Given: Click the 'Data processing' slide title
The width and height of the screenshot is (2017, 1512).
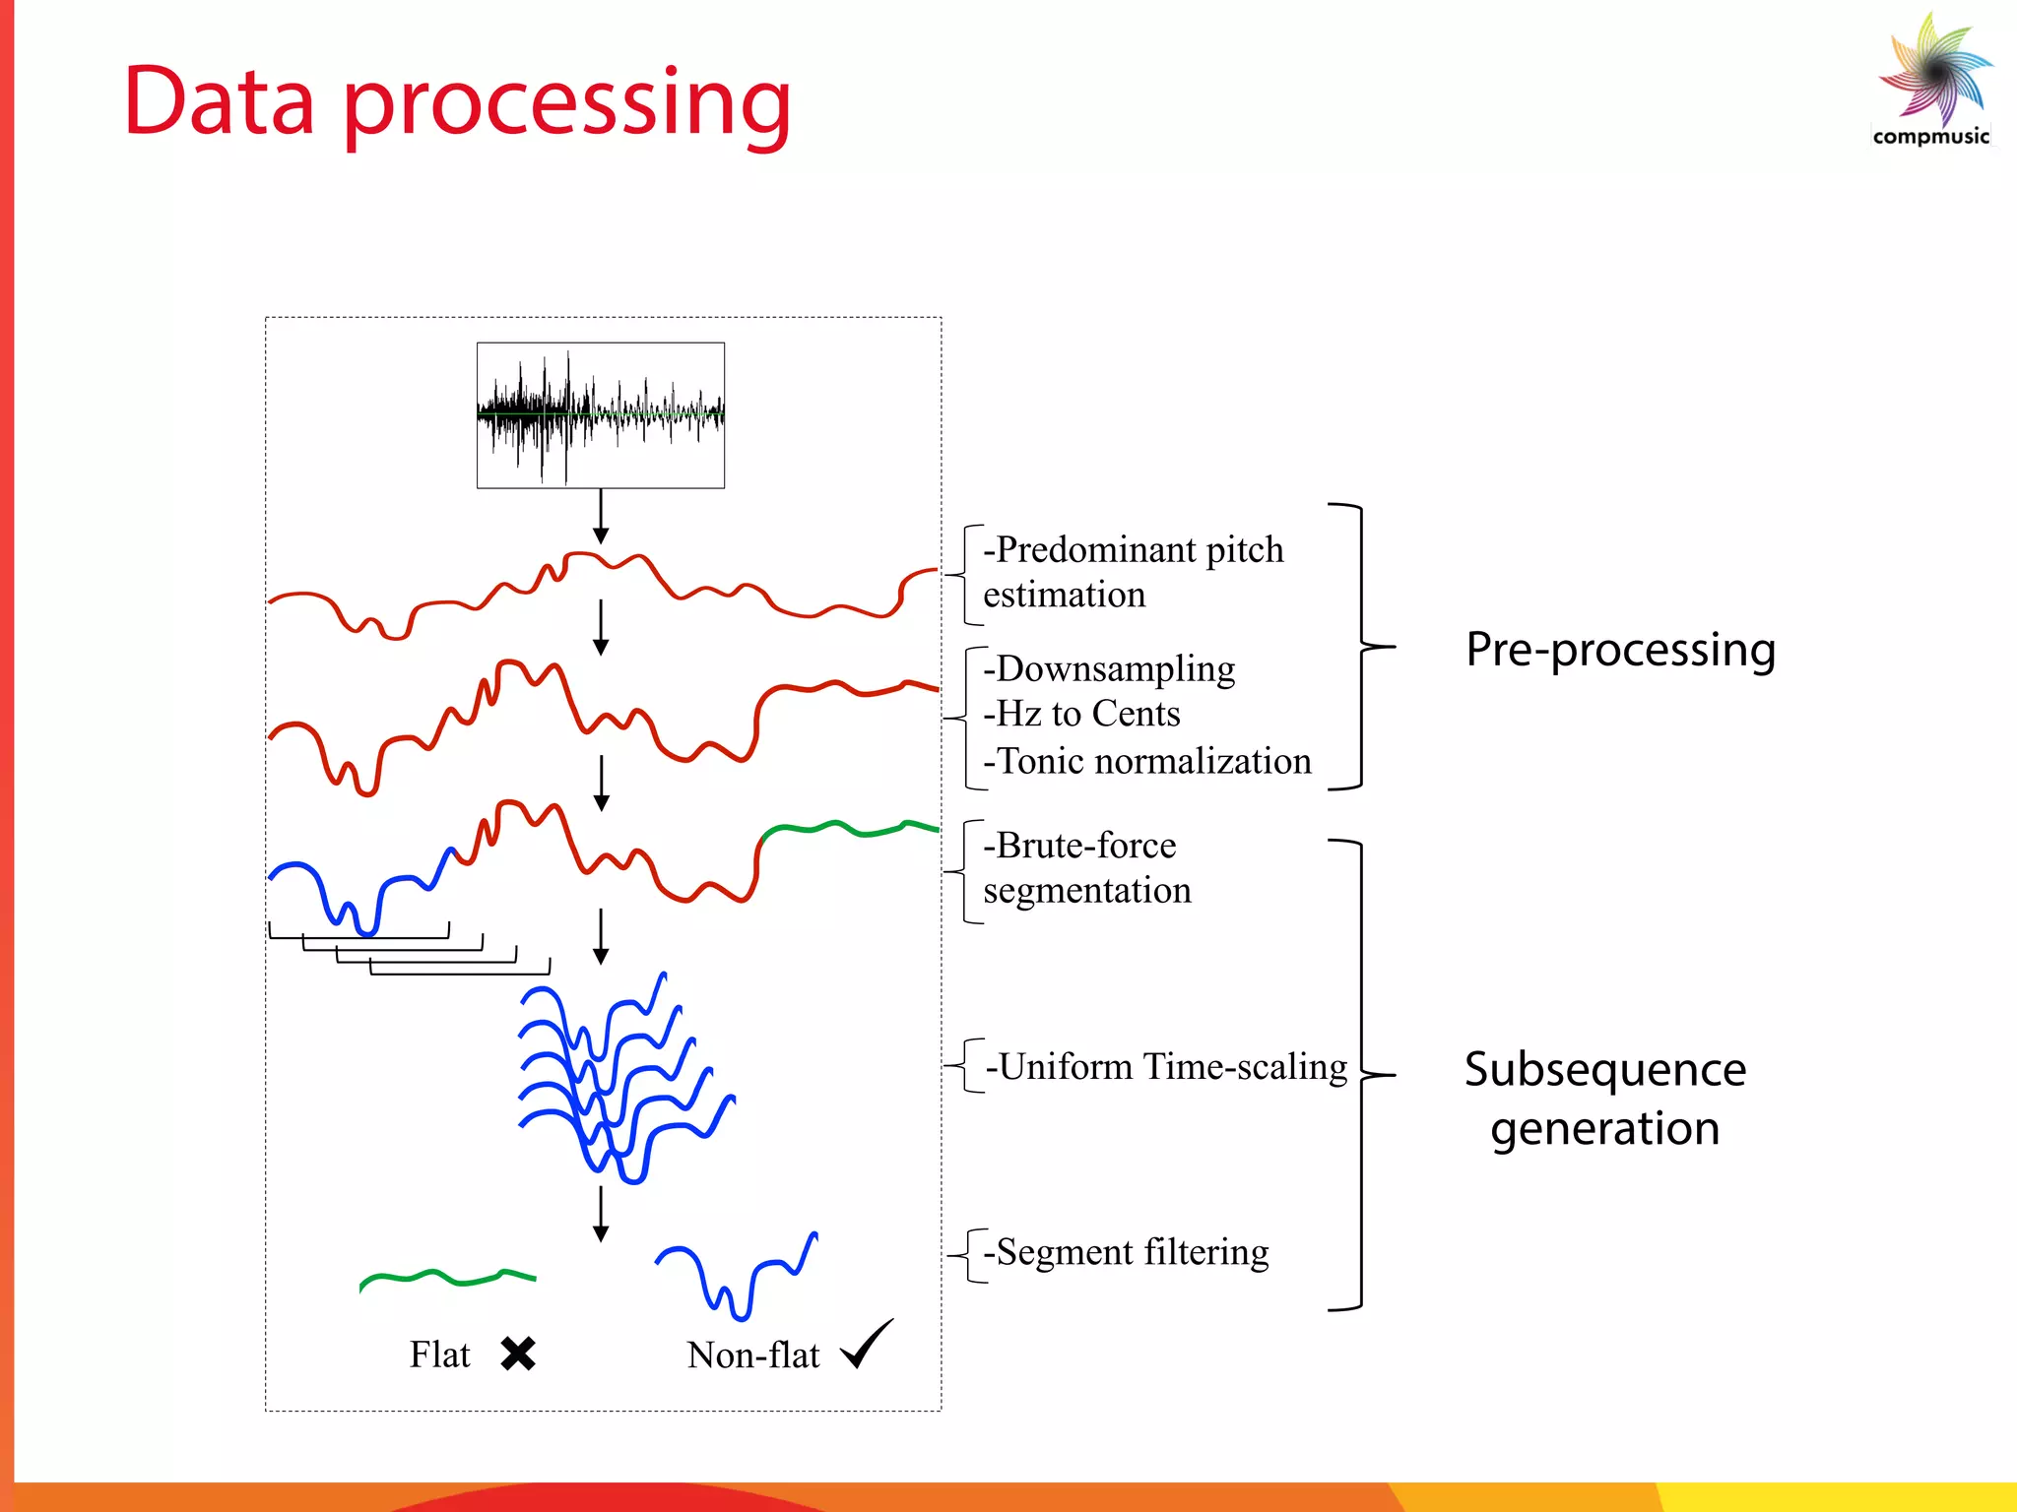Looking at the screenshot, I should click(x=457, y=102).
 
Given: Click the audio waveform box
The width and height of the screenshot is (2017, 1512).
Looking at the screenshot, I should click(x=601, y=414).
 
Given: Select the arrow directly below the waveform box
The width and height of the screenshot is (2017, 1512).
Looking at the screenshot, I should click(x=601, y=517).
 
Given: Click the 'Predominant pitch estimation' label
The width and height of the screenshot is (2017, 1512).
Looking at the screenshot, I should click(x=1133, y=572).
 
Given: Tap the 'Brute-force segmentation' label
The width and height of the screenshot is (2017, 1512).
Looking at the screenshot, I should click(x=1087, y=867).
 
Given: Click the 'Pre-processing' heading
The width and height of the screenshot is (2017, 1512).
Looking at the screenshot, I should click(x=1620, y=650).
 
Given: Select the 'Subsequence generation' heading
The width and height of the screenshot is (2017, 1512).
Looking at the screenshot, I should click(x=1605, y=1099).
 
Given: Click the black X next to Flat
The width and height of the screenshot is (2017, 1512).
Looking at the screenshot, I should click(x=518, y=1354).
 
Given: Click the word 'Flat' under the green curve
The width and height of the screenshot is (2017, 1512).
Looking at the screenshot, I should click(x=439, y=1354).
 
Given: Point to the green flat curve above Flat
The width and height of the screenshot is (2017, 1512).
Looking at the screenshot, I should click(x=448, y=1279).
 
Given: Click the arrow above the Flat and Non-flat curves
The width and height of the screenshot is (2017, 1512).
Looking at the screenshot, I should click(x=601, y=1213).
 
